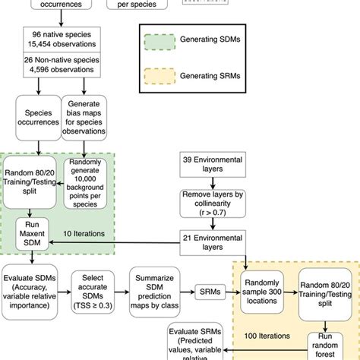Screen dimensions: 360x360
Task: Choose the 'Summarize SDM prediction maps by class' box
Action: coord(155,291)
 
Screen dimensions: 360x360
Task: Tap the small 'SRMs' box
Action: coord(210,292)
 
